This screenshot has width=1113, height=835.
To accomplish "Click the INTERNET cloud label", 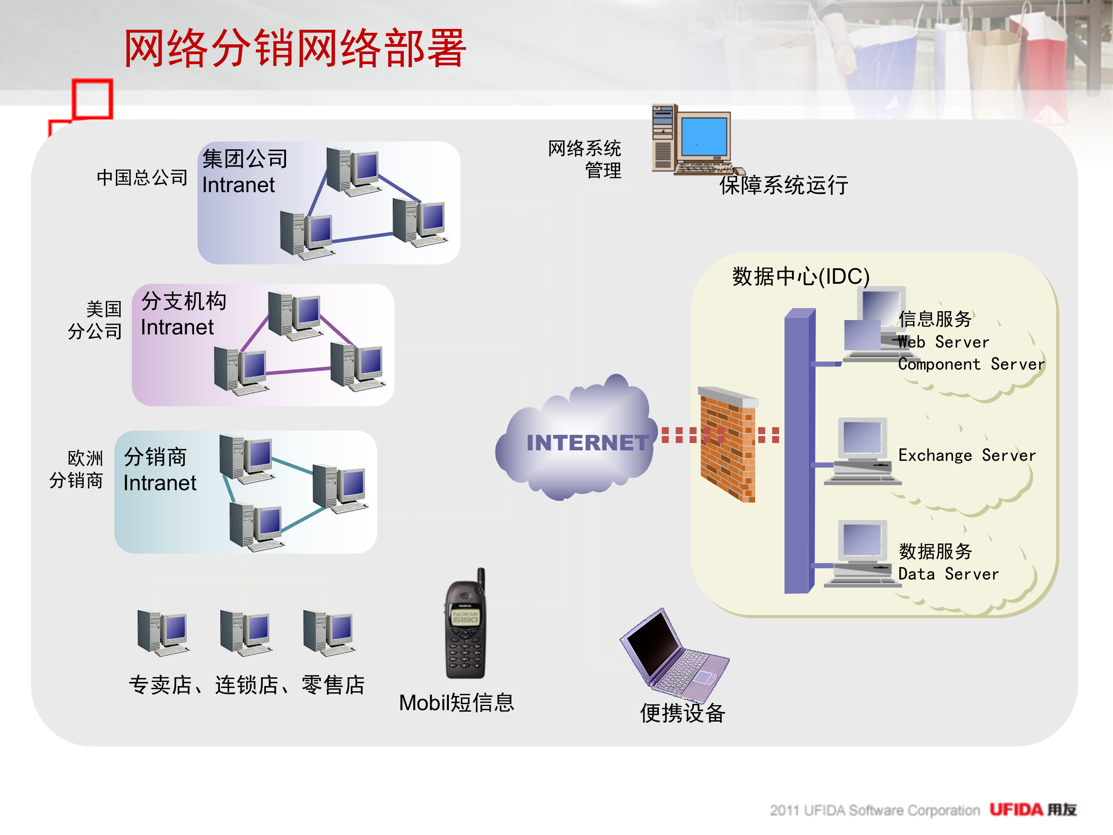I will [x=587, y=442].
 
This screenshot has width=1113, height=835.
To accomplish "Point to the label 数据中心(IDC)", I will [x=800, y=276].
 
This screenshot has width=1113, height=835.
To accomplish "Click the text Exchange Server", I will [x=967, y=455].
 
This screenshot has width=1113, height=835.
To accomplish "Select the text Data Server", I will [x=948, y=574].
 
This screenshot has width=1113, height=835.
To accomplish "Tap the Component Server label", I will [x=971, y=364].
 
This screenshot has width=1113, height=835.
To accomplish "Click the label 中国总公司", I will [x=142, y=177].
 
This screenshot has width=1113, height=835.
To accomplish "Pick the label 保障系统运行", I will [x=783, y=185].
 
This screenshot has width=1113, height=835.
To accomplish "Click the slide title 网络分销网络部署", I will [x=295, y=48].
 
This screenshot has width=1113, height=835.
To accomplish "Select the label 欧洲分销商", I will [x=77, y=469].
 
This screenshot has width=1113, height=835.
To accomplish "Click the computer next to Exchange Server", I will [x=861, y=450].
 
